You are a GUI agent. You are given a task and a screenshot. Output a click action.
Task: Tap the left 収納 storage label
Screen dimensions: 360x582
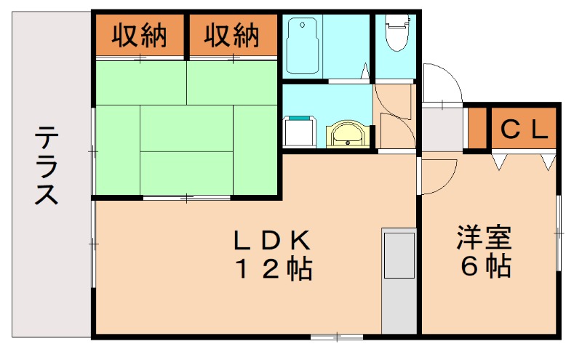(x=140, y=36)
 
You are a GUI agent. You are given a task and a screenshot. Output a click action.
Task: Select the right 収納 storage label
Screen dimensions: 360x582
(x=232, y=36)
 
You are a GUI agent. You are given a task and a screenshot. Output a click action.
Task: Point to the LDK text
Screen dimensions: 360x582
(x=272, y=239)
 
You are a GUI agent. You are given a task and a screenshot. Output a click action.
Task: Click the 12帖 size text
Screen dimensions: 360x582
(x=272, y=270)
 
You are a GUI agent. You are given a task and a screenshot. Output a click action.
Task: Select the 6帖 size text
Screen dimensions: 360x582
(x=485, y=267)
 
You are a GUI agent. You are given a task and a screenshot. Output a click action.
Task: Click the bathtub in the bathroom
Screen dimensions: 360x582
(x=305, y=46)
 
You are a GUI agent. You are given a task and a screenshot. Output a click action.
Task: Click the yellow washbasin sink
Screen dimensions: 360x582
(x=348, y=135)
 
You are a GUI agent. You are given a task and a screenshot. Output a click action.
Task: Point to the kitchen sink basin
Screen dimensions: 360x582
(x=399, y=255)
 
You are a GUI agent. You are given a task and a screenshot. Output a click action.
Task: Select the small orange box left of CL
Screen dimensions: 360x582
(x=477, y=128)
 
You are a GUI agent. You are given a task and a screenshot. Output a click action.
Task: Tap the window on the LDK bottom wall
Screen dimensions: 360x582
(x=336, y=336)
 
